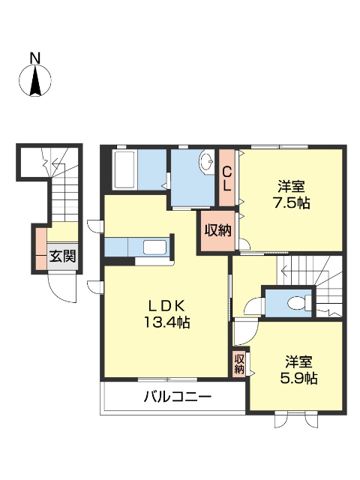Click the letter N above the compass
pyautogui.click(x=34, y=58)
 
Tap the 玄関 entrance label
pyautogui.click(x=62, y=256)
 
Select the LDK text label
pyautogui.click(x=166, y=306)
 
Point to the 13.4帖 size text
pyautogui.click(x=166, y=322)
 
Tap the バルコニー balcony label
pyautogui.click(x=178, y=397)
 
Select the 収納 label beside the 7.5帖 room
pyautogui.click(x=217, y=230)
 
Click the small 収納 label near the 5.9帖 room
pyautogui.click(x=239, y=364)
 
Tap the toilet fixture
pyautogui.click(x=294, y=303)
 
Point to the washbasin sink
pyautogui.click(x=207, y=163)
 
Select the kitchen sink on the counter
pyautogui.click(x=154, y=247)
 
